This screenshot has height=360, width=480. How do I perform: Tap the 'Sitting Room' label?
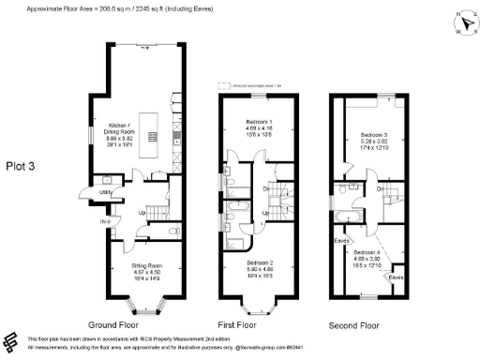click(x=141, y=265)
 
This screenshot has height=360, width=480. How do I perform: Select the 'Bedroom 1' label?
click(x=257, y=123)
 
